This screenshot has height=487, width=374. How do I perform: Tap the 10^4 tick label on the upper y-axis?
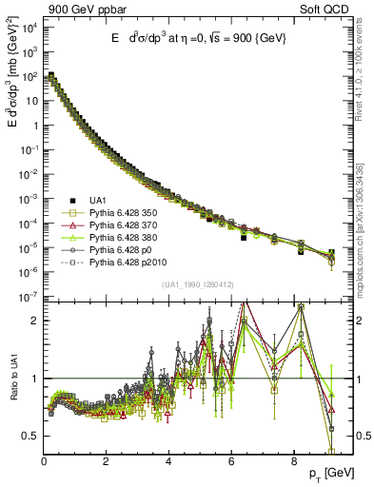27,26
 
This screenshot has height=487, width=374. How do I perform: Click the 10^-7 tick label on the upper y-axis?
27,298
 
